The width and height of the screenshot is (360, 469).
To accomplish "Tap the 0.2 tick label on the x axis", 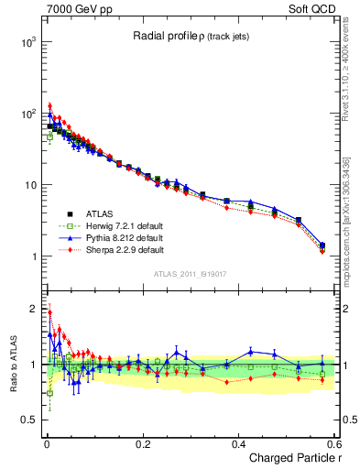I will click(142, 443).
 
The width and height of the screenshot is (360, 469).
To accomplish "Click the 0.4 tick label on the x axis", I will click(238, 443).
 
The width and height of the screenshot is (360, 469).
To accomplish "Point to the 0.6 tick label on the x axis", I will click(333, 443).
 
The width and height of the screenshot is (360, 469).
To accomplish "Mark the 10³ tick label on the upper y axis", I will click(27, 43).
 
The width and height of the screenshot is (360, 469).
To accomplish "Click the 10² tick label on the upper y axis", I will click(27, 115).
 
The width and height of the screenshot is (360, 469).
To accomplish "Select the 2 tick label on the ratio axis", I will click(32, 308).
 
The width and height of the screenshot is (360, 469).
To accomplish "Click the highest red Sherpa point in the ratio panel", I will click(49, 311).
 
